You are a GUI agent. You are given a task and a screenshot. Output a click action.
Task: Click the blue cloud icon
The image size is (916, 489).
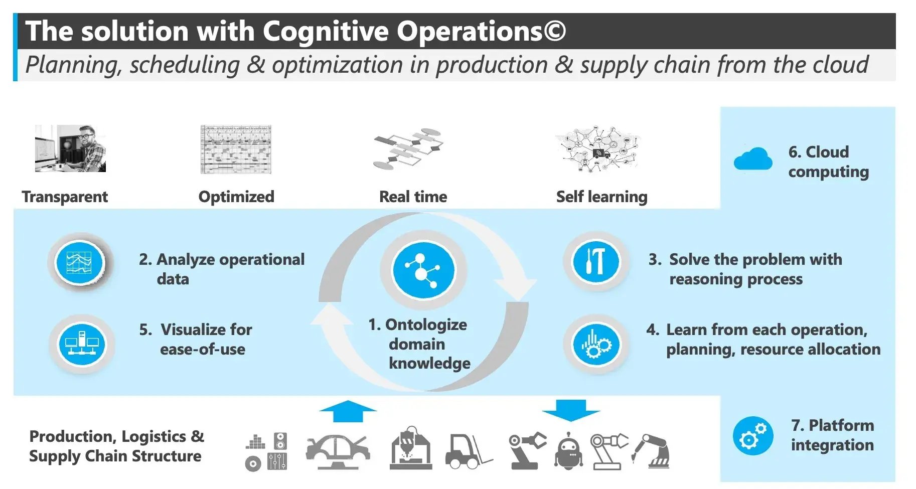click(752, 159)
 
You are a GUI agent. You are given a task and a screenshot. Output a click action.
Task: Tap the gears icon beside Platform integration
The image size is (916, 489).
click(753, 436)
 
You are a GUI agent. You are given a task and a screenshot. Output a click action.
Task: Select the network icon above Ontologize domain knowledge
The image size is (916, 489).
click(424, 270)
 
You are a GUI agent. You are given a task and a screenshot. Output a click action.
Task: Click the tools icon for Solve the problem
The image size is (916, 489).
click(596, 262)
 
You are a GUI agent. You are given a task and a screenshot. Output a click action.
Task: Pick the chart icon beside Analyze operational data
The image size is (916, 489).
click(80, 262)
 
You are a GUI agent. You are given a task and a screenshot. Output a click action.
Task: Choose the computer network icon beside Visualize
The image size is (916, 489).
click(82, 344)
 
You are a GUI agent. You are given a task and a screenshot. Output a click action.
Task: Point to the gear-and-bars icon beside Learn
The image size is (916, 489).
click(596, 344)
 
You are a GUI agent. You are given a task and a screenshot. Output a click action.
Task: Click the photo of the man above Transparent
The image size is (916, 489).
click(70, 148)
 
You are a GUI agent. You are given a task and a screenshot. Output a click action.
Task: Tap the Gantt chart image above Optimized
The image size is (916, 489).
click(236, 149)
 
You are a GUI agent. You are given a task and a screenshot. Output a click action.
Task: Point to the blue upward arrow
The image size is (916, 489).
click(348, 411)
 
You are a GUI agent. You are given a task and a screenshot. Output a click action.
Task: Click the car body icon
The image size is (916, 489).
click(338, 450)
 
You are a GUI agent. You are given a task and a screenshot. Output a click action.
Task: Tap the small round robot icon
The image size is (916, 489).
click(568, 451)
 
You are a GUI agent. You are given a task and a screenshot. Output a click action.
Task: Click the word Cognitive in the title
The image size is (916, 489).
click(326, 31)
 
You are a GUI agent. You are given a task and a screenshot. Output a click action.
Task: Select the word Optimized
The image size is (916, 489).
click(236, 197)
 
